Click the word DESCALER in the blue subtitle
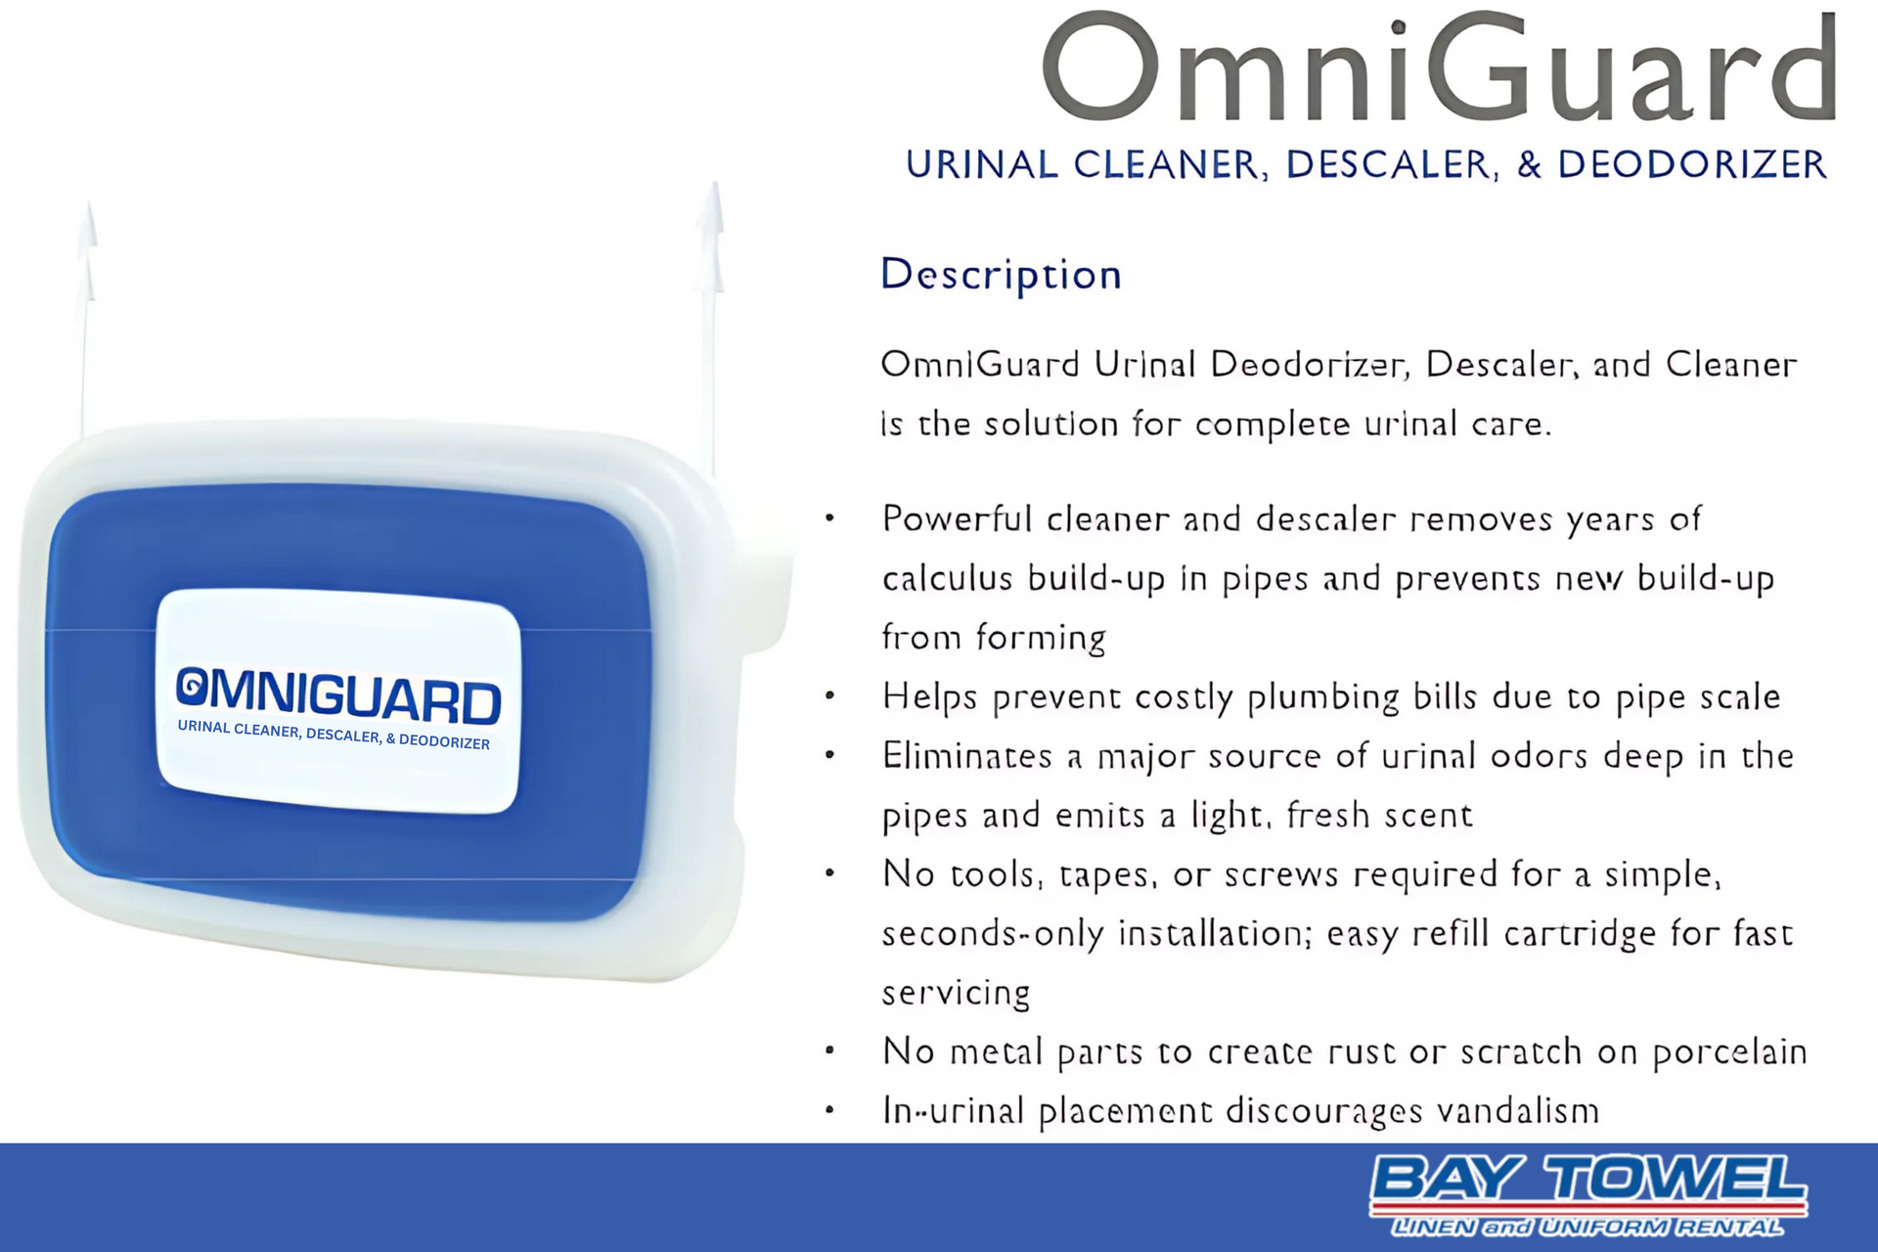(1392, 164)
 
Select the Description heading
(1001, 274)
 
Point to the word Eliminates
(967, 756)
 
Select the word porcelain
(1729, 1052)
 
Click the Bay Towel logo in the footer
(1588, 1195)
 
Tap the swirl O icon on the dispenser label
(192, 686)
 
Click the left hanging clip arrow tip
(89, 202)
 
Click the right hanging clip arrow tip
(715, 183)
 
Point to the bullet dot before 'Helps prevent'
(829, 696)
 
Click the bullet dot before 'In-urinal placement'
(829, 1110)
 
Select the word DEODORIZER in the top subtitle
(1692, 164)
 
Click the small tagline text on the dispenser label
(334, 735)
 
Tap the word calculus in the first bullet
(947, 579)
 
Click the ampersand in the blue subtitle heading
(1529, 164)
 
